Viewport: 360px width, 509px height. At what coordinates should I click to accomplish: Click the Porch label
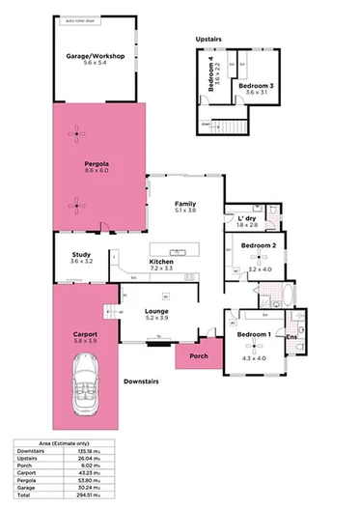tap(198, 354)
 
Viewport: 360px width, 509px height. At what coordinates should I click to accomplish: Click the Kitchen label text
tap(161, 262)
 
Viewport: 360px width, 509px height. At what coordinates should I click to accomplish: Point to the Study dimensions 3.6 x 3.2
tap(81, 262)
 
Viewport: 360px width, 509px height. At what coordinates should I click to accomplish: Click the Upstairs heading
tap(208, 40)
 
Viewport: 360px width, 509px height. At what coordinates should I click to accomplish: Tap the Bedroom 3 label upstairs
tap(258, 87)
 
